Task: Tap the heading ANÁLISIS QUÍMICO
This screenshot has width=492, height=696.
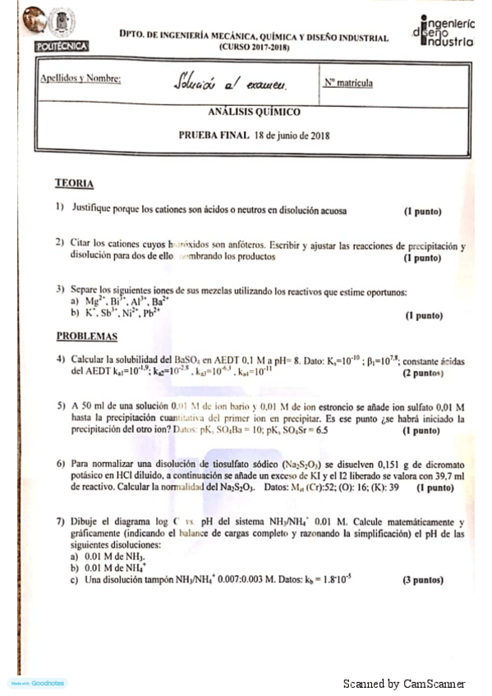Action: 254,112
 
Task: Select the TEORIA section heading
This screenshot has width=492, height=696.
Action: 74,183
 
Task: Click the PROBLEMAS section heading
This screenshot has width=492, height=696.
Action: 86,336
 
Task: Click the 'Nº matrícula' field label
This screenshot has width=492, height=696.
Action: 348,83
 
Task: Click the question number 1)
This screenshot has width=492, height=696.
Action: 60,211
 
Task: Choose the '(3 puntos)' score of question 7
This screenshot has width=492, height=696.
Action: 422,579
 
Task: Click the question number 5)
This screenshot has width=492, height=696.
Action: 60,406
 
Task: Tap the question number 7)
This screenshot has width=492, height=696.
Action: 60,522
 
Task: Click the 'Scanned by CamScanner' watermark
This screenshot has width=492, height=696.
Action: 403,684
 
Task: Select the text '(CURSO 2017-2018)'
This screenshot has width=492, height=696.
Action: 254,48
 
